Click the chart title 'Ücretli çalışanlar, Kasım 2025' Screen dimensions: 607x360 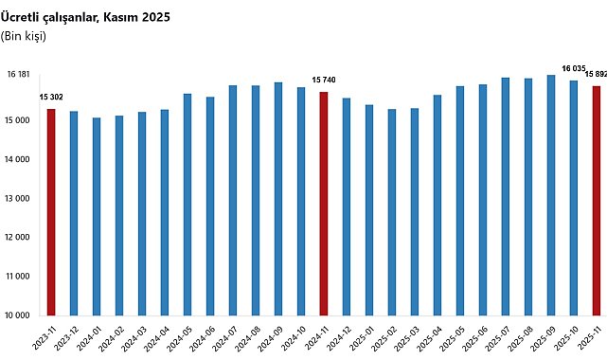85,17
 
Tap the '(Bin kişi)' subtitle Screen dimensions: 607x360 24,36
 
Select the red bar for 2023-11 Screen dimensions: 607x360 51,212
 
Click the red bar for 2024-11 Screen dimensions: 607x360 324,204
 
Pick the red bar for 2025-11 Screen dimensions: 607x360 597,201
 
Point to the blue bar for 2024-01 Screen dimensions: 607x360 97,217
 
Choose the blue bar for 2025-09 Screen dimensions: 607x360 551,195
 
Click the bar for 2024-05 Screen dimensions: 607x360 187,205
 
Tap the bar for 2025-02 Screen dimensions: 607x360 392,212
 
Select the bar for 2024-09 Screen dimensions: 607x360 278,199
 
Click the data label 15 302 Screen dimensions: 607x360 51,98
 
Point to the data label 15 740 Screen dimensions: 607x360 324,81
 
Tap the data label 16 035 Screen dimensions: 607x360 574,68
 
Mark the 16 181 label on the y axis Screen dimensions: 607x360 18,74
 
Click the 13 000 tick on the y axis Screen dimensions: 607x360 17,199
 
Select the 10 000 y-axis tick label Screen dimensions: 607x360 17,315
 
